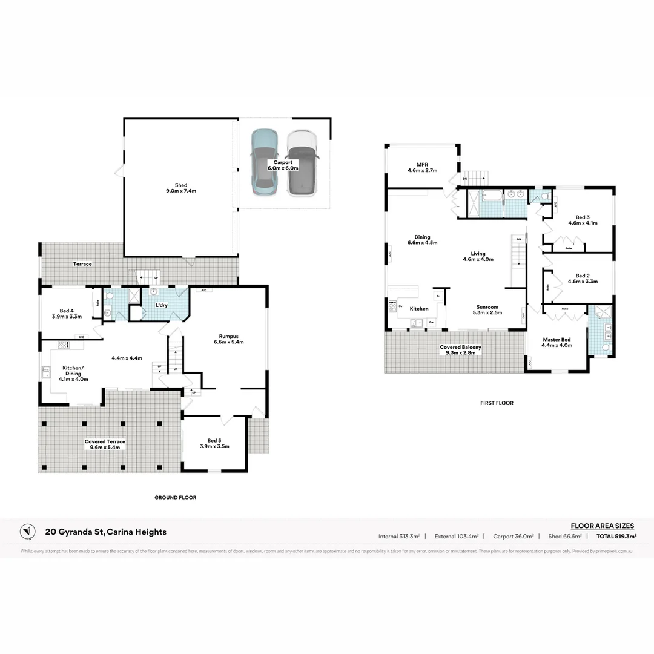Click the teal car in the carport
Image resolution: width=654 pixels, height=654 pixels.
point(265,162)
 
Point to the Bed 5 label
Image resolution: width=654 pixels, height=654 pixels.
point(214,443)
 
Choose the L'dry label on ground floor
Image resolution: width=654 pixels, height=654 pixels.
point(162,305)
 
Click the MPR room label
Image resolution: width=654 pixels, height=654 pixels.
point(422,167)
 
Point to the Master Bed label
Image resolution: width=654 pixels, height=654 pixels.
point(557,342)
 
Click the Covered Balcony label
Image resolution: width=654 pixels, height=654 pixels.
point(461,349)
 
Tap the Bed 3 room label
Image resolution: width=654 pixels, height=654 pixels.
point(583,220)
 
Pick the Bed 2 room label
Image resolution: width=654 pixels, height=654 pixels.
point(583,279)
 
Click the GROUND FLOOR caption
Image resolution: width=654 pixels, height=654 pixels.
point(175,497)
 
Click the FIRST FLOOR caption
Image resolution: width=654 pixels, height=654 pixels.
point(496,403)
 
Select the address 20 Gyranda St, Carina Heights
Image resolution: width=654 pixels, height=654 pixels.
point(105,532)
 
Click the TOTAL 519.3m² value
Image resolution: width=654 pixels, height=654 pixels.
point(616,536)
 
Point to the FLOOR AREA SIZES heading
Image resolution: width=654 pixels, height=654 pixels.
point(602,526)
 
